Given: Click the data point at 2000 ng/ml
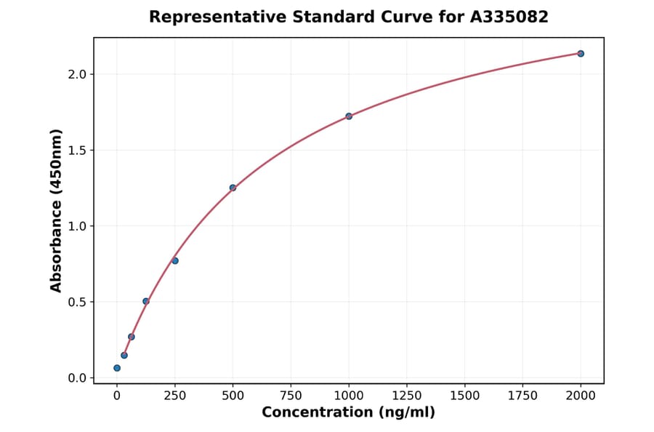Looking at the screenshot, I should click(581, 53).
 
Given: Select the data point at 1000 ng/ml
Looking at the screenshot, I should click(349, 116).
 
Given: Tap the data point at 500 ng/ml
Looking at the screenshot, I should click(233, 188).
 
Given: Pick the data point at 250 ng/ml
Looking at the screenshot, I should click(175, 260).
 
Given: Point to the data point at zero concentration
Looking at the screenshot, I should click(117, 368).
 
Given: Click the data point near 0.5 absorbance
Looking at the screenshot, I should click(146, 301).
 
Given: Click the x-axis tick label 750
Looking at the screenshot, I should click(291, 396).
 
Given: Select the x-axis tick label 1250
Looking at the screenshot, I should click(407, 396).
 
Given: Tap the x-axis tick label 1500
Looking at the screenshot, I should click(465, 396).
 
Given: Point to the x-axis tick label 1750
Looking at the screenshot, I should click(523, 396).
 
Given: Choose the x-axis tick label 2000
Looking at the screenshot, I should click(581, 396).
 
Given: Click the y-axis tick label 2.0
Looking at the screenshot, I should click(78, 74).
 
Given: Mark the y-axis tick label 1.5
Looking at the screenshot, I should click(78, 151).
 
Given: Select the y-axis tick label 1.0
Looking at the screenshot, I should click(78, 226).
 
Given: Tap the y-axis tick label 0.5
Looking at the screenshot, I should click(78, 302).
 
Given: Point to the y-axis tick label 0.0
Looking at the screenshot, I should click(78, 378).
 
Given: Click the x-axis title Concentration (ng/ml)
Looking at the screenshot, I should click(349, 413).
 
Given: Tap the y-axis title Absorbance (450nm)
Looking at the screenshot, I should click(57, 210).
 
